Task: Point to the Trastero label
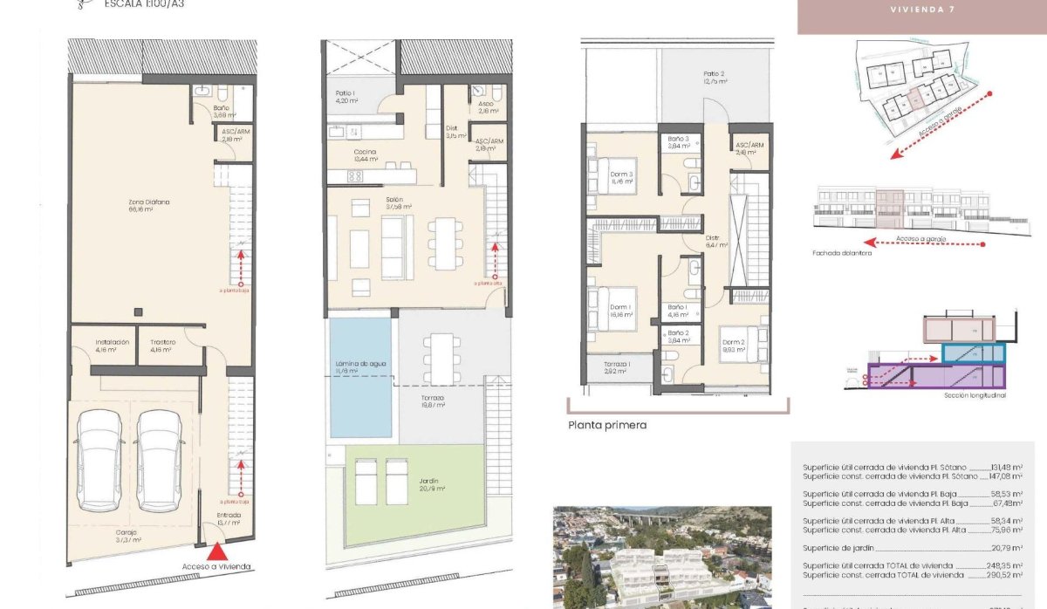click(x=162, y=342)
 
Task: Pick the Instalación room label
click(x=113, y=342)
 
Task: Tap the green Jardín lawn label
click(x=428, y=484)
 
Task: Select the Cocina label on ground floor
click(x=366, y=154)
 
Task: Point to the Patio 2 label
click(x=715, y=77)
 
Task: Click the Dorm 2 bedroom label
click(x=733, y=346)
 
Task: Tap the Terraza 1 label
click(x=618, y=367)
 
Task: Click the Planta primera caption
click(x=607, y=426)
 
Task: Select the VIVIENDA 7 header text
click(x=921, y=10)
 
